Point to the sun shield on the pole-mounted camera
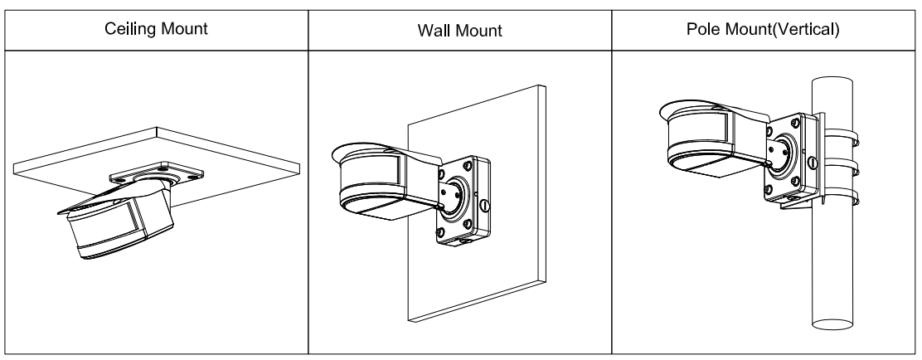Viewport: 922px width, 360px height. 705,108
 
